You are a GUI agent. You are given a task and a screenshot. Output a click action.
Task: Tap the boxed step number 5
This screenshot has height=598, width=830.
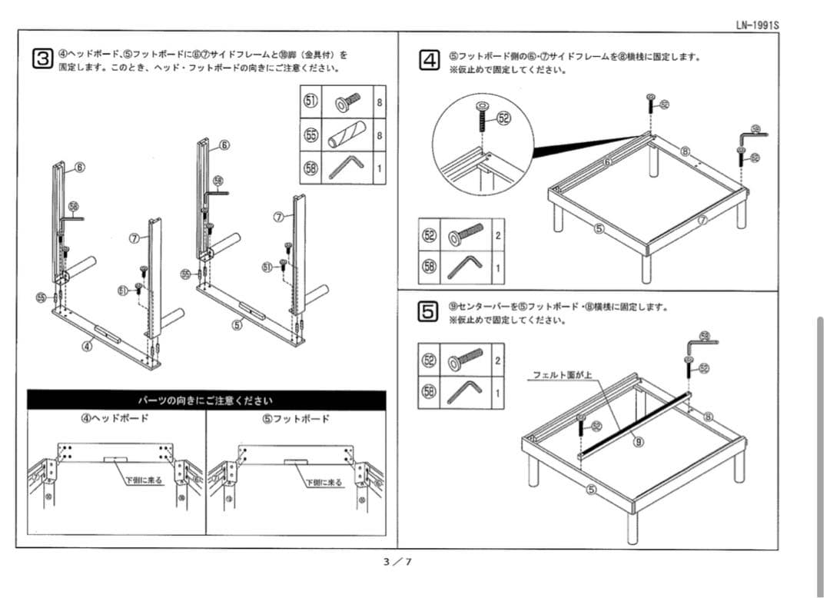click(429, 311)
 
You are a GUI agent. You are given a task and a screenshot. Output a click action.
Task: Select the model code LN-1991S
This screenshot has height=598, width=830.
click(758, 25)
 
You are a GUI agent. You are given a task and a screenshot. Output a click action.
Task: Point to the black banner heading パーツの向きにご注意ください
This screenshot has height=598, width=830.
click(206, 400)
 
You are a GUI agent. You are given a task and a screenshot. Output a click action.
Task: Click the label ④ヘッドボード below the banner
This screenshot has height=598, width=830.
click(115, 418)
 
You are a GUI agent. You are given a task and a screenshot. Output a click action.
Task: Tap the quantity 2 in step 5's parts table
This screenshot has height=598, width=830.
click(498, 360)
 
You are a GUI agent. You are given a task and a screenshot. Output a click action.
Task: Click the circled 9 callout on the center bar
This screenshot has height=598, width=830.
click(638, 441)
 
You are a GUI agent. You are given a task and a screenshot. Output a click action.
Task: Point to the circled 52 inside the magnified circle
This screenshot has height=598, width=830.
click(503, 118)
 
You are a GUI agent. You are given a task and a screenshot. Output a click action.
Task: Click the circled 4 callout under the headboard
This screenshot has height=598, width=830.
click(88, 345)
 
